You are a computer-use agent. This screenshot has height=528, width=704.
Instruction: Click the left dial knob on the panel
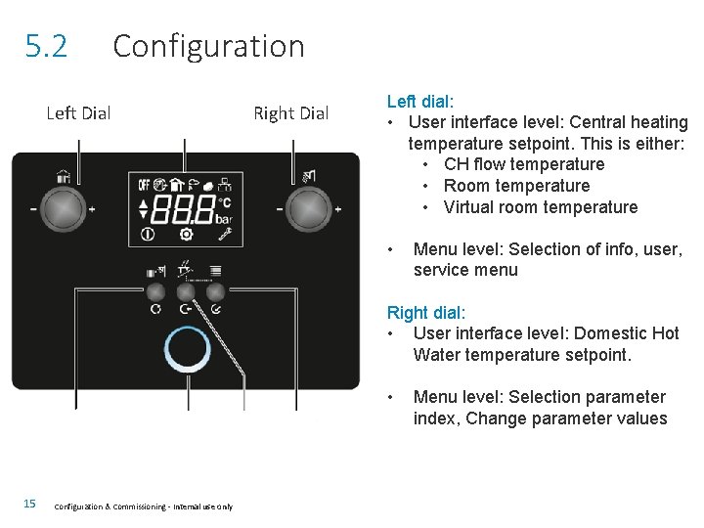click(63, 208)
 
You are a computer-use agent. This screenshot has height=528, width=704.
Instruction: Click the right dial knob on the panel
click(307, 208)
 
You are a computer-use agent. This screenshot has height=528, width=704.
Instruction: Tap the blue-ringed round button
click(185, 350)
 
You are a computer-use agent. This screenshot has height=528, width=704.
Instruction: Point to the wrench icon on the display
click(224, 234)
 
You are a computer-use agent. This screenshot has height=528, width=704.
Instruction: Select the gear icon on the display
click(186, 234)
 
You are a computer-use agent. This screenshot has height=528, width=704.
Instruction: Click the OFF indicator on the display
click(145, 183)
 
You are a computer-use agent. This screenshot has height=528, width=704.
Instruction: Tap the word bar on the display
click(224, 218)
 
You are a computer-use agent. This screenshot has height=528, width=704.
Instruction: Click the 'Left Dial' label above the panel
click(78, 113)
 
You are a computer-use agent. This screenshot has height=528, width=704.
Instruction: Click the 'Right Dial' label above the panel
click(290, 113)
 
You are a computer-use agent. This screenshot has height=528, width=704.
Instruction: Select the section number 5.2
click(47, 46)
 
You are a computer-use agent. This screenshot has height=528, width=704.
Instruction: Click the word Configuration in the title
click(208, 46)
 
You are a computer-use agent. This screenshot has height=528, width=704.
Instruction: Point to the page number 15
click(29, 504)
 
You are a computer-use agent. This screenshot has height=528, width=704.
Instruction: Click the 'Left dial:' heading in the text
click(420, 101)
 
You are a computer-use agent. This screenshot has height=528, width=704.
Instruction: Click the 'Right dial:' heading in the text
click(425, 312)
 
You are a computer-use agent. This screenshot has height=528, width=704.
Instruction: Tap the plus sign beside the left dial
click(92, 209)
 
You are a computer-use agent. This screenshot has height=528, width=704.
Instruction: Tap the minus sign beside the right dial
click(279, 209)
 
